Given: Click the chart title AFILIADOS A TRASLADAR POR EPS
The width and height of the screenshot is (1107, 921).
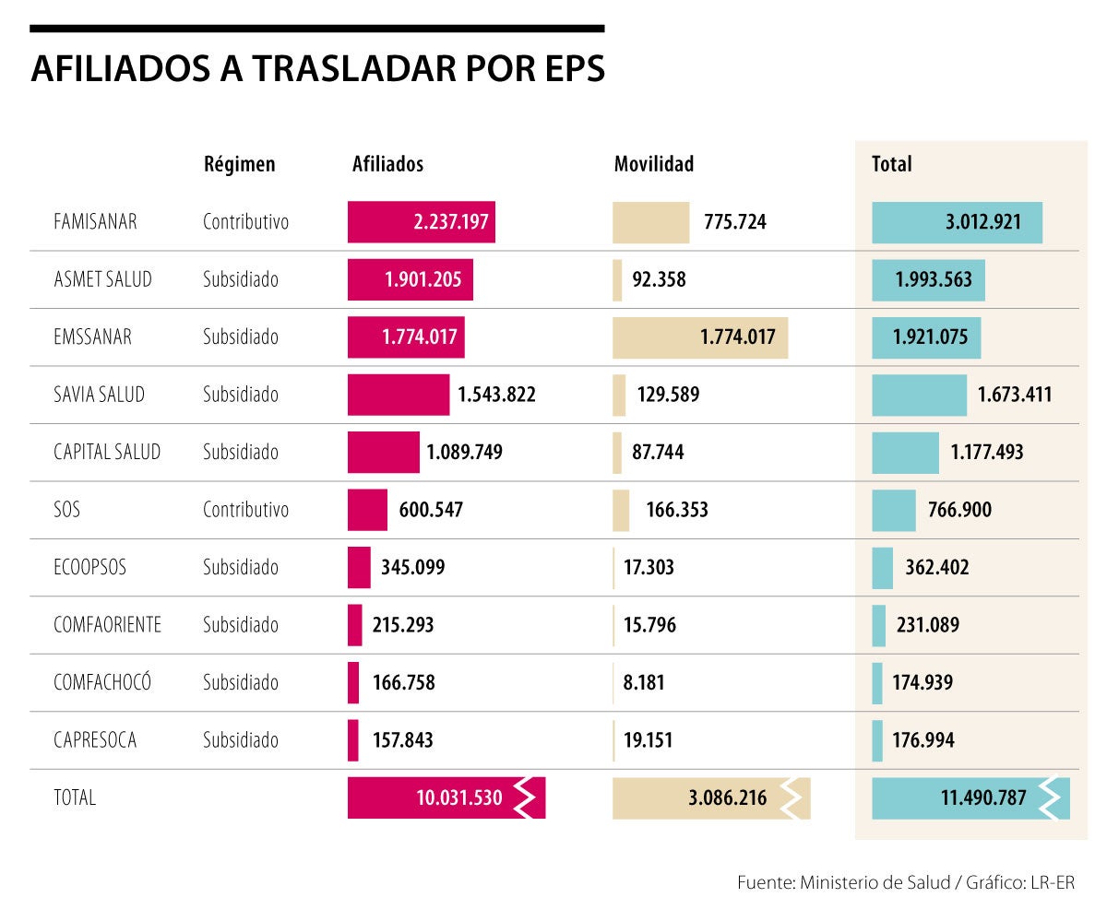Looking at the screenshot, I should pos(317,70).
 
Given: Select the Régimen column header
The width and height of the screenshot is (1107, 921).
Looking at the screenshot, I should pos(239,164).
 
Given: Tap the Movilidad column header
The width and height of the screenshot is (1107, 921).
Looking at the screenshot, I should pos(653,164).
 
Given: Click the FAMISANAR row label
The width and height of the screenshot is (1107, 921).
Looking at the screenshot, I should pos(95,222).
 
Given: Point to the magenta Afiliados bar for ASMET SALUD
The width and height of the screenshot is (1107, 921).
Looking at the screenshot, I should pos(410,279).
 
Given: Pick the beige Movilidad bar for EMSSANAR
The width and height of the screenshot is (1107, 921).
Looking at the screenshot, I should pos(699,337).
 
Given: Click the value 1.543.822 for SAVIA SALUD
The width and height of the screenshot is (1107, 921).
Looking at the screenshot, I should pos(496,395).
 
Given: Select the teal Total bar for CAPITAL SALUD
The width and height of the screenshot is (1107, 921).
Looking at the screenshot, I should pos(905,452).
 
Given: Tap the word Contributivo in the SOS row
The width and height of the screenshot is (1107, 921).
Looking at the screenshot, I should pos(245,510).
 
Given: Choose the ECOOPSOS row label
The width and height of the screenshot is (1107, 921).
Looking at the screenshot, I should pos(89,567).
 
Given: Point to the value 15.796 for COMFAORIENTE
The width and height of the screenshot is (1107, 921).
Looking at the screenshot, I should pos(649,625).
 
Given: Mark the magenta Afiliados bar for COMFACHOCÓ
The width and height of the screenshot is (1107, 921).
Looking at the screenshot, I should pos(353,682).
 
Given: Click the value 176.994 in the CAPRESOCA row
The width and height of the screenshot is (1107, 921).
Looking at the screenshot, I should pos(923,740).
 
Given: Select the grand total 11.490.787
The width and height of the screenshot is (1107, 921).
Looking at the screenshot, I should pos(983,798).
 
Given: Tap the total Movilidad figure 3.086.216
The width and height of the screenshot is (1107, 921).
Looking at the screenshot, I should pos(727,798).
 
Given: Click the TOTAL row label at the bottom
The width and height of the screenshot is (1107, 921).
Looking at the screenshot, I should pos(75,798).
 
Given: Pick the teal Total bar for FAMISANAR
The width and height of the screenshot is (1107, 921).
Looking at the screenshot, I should pos(957,222).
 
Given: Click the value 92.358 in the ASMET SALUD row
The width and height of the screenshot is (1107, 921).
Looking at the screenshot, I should pos(659,279).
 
